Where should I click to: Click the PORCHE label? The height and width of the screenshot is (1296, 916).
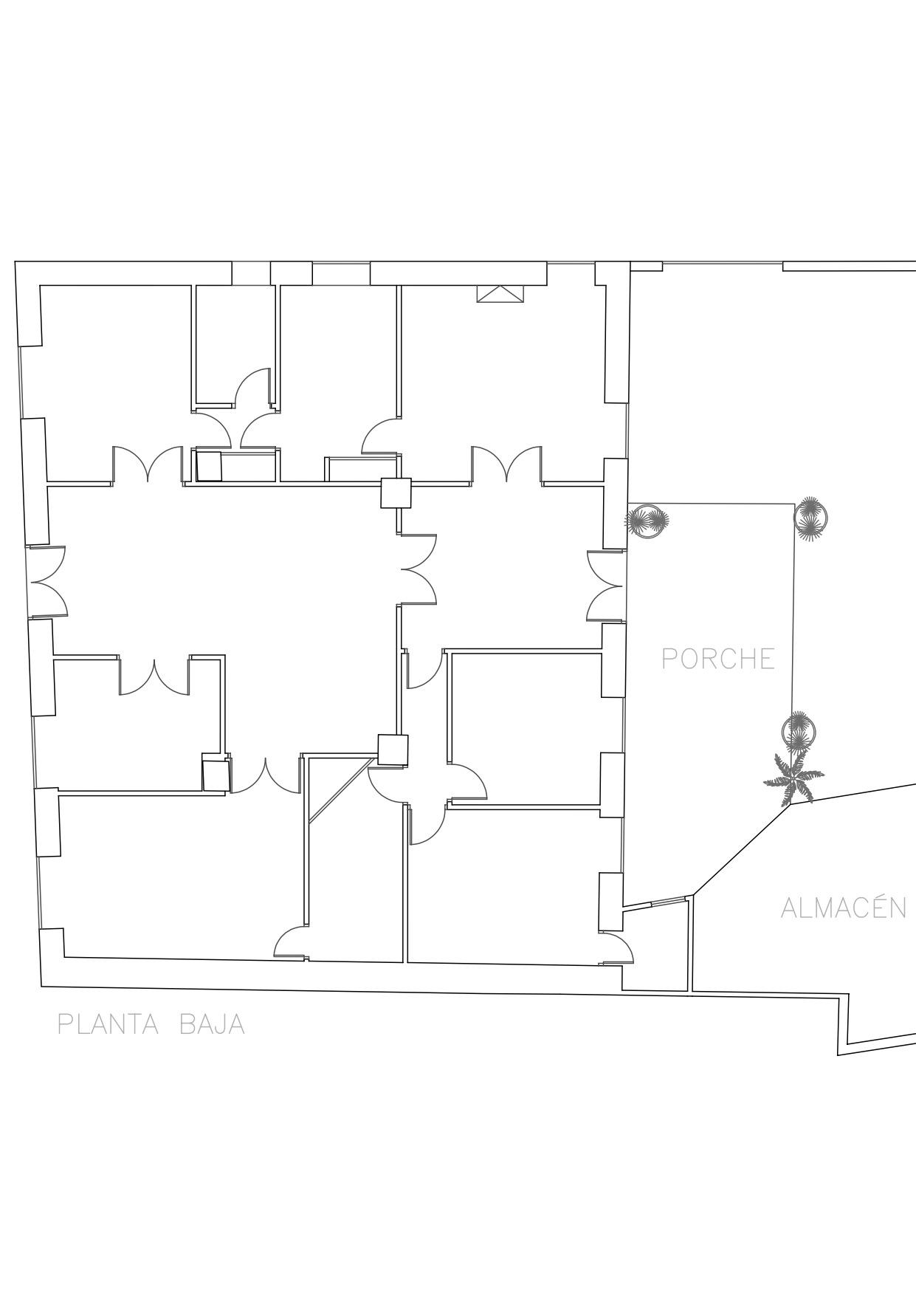click(718, 659)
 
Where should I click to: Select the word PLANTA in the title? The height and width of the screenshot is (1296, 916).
click(109, 1024)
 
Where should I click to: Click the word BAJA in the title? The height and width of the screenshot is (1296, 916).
click(213, 1024)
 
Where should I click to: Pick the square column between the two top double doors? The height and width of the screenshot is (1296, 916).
click(396, 493)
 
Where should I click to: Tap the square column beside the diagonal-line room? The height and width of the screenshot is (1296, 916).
click(393, 750)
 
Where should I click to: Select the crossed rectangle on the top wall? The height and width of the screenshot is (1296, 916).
click(500, 294)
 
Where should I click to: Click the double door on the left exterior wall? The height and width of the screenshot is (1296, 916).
click(49, 581)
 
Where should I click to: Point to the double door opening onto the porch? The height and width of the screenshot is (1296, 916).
click(606, 585)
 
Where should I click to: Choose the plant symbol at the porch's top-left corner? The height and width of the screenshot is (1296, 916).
click(647, 521)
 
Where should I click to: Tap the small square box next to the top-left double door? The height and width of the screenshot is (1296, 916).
click(210, 467)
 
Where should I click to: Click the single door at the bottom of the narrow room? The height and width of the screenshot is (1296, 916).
click(290, 943)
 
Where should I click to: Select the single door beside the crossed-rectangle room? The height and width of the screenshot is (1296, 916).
click(380, 437)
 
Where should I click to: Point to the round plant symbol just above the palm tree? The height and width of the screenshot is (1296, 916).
click(799, 732)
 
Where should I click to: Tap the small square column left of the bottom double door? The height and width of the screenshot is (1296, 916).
click(216, 775)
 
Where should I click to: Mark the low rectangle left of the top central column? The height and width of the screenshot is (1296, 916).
click(352, 470)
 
